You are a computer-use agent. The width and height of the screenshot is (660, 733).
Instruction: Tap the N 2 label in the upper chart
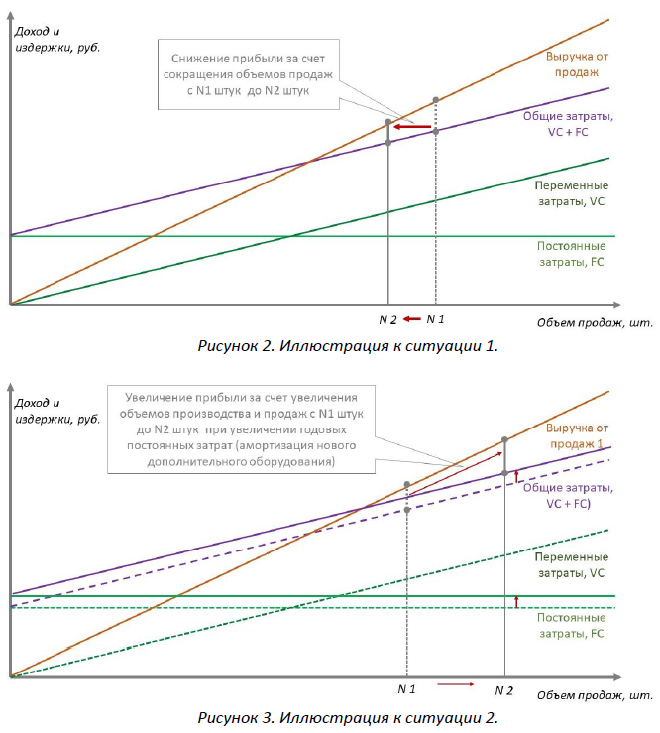(387, 319)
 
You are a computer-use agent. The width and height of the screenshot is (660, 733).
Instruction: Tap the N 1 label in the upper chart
(436, 319)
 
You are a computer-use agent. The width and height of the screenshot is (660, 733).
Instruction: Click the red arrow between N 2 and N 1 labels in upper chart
(412, 319)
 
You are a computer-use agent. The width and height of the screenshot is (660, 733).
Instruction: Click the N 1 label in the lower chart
(406, 688)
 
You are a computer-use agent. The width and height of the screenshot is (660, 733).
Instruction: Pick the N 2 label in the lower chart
(504, 688)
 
